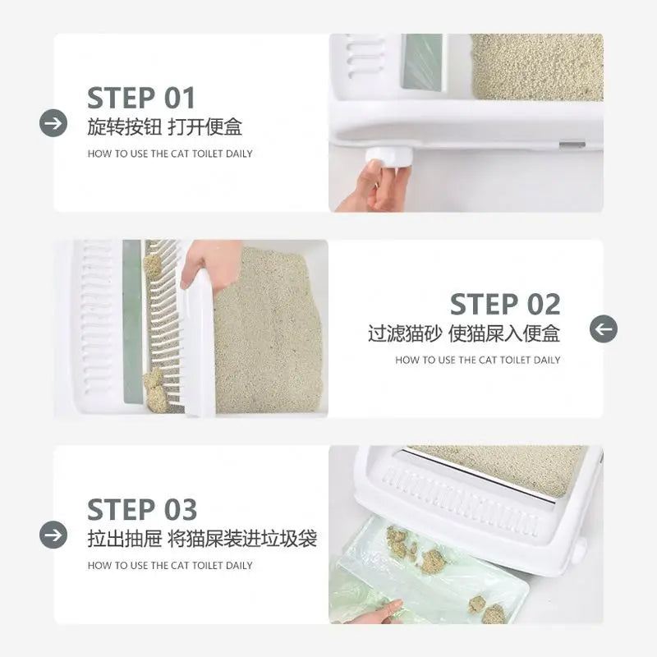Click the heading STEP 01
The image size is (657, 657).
141,98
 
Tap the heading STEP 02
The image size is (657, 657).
505,304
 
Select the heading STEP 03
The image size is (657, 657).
142,509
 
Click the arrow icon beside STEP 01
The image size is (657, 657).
53,123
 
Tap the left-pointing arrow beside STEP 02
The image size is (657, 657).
604,329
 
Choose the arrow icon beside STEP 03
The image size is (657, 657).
53,535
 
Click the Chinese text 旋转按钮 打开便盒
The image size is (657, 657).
165,127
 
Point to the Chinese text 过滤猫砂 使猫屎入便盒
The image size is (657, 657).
464,333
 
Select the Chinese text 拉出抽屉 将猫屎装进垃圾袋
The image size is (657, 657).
202,539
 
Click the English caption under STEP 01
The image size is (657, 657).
170,154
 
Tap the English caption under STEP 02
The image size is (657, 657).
478,360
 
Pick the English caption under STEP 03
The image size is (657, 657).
170,565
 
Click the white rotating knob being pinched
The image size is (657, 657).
388,158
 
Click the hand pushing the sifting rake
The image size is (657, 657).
209,264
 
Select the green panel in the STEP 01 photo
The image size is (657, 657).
422,62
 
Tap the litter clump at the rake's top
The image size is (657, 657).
153,266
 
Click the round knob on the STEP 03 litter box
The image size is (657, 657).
579,549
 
